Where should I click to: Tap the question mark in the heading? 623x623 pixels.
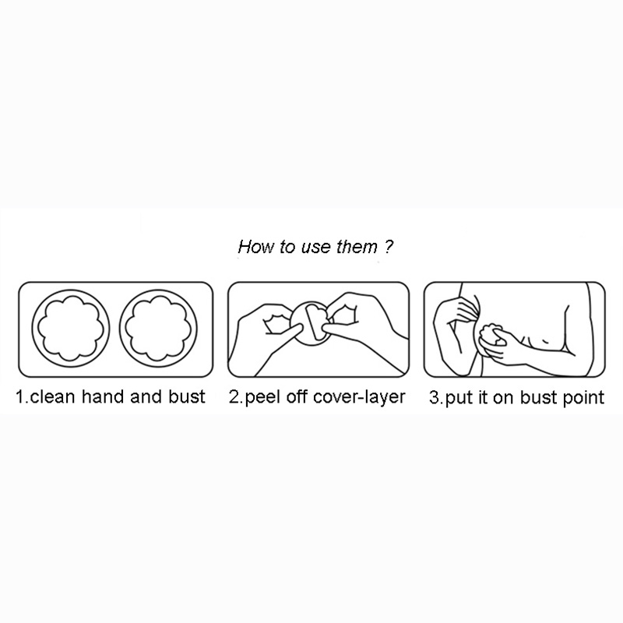[389, 246]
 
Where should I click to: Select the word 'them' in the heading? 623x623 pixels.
[357, 246]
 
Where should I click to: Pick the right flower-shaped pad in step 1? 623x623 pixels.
[158, 329]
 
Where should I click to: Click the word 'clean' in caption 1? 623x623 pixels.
[52, 396]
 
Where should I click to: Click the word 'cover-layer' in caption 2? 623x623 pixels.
[359, 397]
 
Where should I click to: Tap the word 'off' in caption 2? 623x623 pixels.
[297, 397]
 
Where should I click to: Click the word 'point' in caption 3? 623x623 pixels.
[583, 398]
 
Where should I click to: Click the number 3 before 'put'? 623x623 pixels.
[434, 397]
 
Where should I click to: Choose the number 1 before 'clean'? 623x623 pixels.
[20, 396]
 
